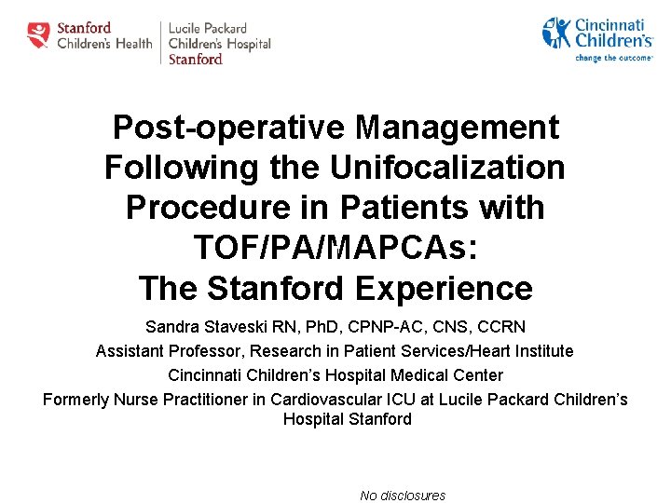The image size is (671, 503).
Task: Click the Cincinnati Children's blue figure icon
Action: point(556,33)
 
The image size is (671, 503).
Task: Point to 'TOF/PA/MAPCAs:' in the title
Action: point(335,248)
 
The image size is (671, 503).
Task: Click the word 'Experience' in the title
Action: point(443,288)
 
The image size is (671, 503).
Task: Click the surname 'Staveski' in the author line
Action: point(228,327)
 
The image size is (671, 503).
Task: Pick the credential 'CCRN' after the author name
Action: point(501,327)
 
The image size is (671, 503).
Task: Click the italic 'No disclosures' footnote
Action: point(403,496)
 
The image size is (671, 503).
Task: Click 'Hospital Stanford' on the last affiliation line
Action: point(347,419)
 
